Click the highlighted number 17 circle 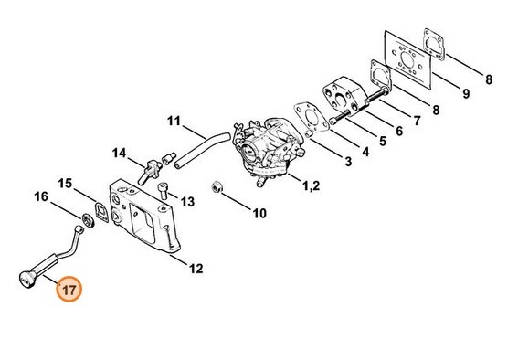click(x=69, y=290)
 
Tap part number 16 click(x=41, y=196)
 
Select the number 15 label click(x=66, y=185)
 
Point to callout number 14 click(x=120, y=152)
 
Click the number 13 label click(x=186, y=201)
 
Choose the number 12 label click(x=196, y=268)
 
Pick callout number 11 click(x=174, y=120)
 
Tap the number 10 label click(x=259, y=215)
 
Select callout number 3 click(x=347, y=162)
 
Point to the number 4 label click(x=365, y=151)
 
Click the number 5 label click(x=383, y=142)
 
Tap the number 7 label click(x=418, y=121)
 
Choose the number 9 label click(x=465, y=93)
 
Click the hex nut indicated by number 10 click(x=217, y=188)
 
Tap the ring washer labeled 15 click(x=91, y=217)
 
